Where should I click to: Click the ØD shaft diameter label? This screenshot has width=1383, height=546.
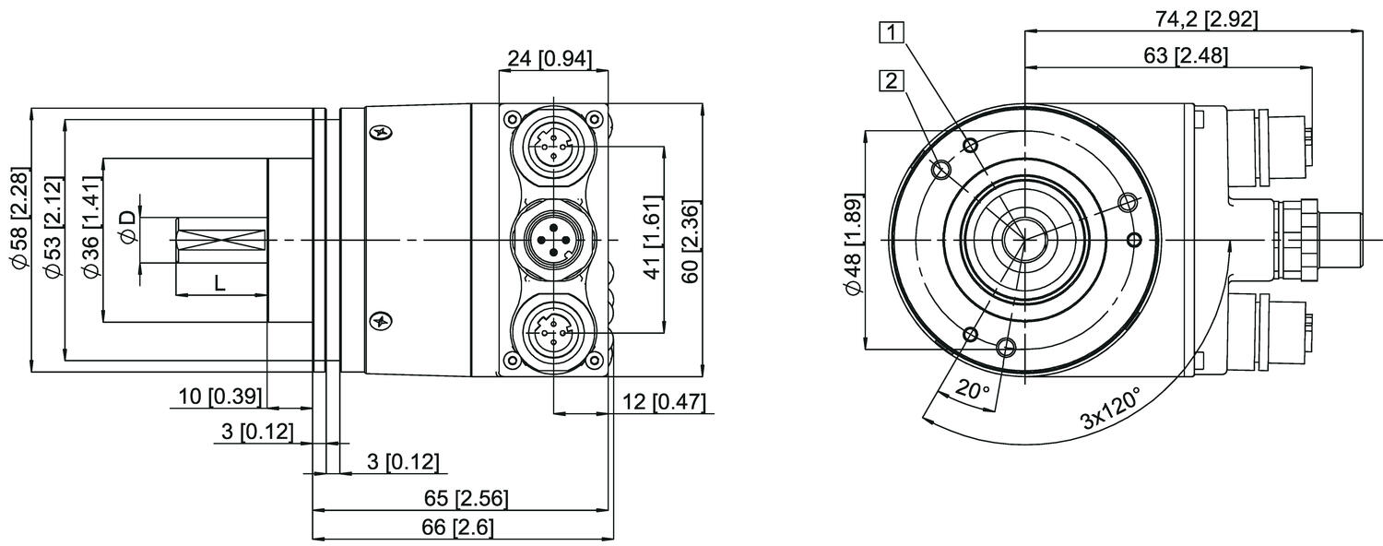click(x=128, y=227)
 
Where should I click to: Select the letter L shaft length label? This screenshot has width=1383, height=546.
click(x=219, y=284)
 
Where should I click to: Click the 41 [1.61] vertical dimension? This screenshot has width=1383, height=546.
click(x=651, y=238)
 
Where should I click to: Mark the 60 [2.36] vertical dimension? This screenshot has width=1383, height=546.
click(x=690, y=238)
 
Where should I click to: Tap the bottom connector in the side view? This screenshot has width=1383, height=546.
click(x=553, y=330)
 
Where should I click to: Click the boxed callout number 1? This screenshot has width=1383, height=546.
click(x=891, y=32)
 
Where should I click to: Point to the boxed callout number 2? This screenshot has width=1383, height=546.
click(x=891, y=81)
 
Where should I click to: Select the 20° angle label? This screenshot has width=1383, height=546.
click(x=972, y=390)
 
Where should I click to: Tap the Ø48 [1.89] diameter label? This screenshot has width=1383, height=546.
click(x=853, y=244)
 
